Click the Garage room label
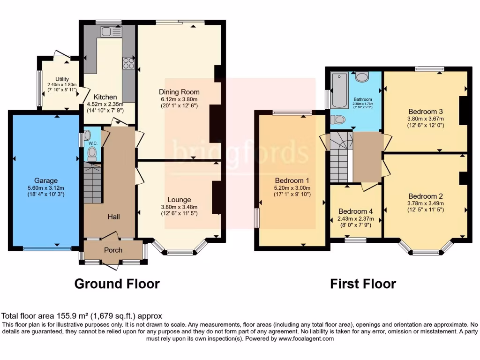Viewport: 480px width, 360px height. click(x=45, y=180)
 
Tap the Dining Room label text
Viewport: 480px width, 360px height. click(x=179, y=92)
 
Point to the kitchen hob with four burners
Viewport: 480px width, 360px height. click(x=128, y=63)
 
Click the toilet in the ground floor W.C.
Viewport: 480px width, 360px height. click(x=92, y=153)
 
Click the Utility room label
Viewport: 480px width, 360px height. click(x=62, y=79)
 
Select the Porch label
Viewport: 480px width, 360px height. click(x=113, y=250)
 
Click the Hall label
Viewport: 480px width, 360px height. click(x=113, y=217)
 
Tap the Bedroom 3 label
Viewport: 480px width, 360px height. click(x=425, y=112)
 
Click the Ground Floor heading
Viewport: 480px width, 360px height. click(x=117, y=284)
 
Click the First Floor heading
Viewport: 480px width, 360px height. click(x=363, y=284)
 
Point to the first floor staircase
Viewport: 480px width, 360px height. click(x=340, y=157)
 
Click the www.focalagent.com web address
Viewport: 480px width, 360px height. click(x=306, y=338)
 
